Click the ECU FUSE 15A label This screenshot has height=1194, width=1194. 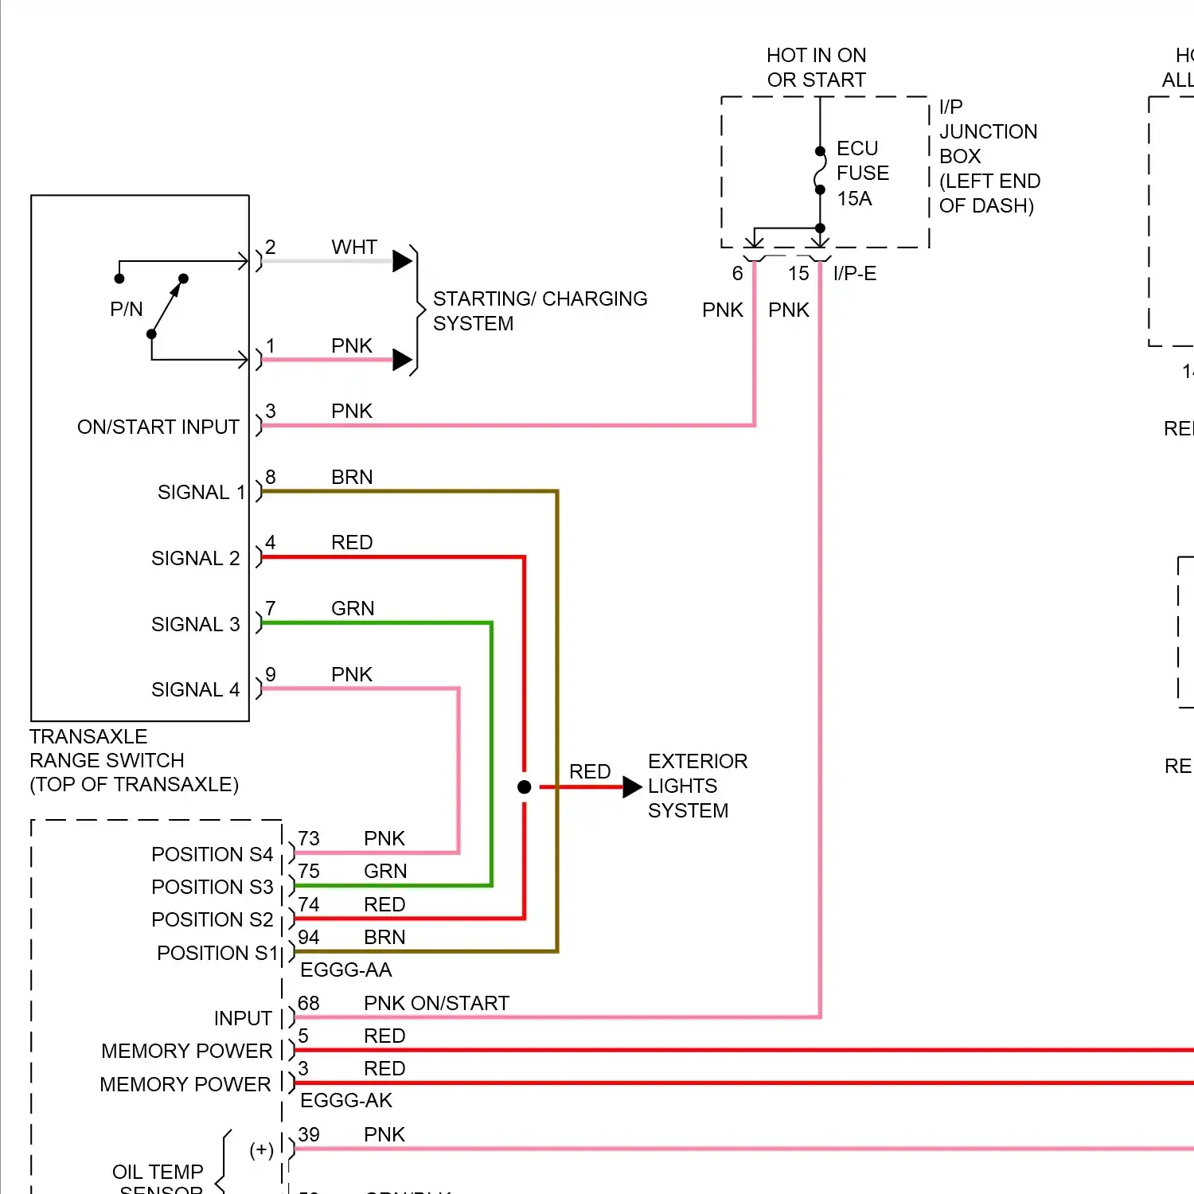click(x=862, y=173)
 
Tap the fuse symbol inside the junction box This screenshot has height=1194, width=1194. click(x=820, y=170)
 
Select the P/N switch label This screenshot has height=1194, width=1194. click(x=126, y=309)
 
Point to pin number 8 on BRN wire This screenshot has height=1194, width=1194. click(x=271, y=477)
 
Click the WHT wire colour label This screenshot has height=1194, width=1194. click(x=354, y=247)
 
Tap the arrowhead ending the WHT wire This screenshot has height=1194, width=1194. click(x=402, y=260)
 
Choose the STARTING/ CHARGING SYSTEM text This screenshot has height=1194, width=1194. click(x=540, y=310)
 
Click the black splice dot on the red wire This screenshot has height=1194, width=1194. click(x=524, y=786)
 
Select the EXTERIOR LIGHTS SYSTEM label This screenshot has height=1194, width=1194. click(x=697, y=786)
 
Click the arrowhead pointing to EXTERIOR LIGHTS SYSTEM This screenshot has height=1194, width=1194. click(x=632, y=786)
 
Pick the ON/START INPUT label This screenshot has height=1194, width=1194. click(x=158, y=427)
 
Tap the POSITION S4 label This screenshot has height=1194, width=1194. click(x=212, y=854)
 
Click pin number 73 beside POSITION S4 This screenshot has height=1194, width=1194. click(x=309, y=838)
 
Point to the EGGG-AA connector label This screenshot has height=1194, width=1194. click(x=345, y=970)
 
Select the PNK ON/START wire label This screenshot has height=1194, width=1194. click(x=435, y=1003)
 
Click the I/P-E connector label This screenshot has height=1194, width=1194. click(x=854, y=273)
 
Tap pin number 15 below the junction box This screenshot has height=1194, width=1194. click(x=798, y=273)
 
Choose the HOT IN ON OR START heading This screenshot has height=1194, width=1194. click(x=816, y=67)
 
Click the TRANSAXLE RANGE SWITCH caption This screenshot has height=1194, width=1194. click(x=134, y=760)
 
